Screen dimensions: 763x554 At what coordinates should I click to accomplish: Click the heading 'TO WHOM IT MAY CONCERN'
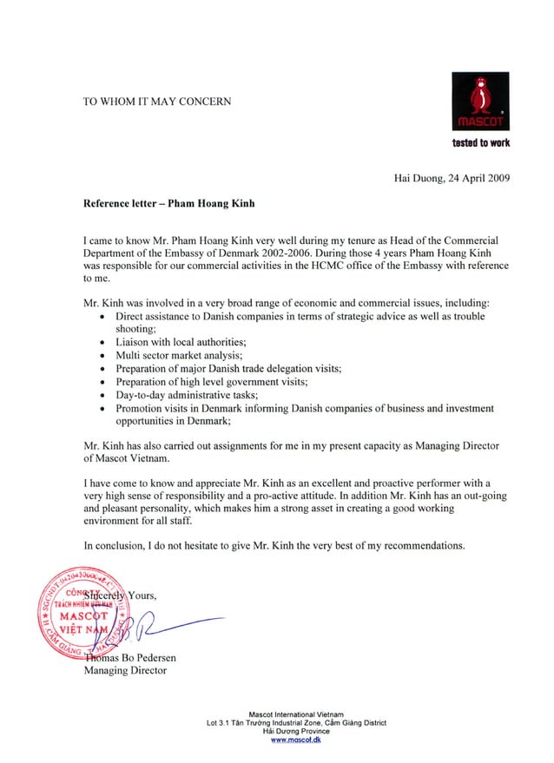pos(156,102)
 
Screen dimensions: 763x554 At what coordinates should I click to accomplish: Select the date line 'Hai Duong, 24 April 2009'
pos(452,179)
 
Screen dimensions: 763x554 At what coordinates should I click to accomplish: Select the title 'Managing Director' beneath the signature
pos(125,671)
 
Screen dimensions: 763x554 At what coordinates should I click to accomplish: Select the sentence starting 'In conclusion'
pos(274,546)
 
